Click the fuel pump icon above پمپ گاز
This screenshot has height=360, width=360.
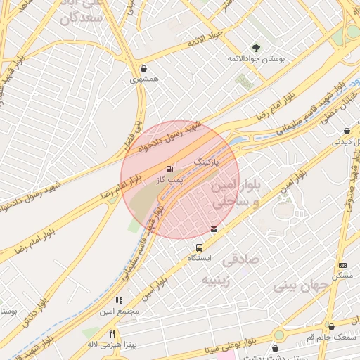click(x=169, y=169)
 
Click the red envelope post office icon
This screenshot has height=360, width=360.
click(x=214, y=228)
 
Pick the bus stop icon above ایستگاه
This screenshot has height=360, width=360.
click(x=199, y=247)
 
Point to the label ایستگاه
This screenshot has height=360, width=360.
click(x=200, y=259)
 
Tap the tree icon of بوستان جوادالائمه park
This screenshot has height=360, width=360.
click(x=255, y=49)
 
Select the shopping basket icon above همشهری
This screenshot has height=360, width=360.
click(x=144, y=68)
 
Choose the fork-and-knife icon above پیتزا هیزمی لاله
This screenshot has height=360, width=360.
click(x=111, y=333)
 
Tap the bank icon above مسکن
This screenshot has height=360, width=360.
click(x=342, y=265)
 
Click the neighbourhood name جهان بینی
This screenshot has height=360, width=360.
click(x=296, y=287)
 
